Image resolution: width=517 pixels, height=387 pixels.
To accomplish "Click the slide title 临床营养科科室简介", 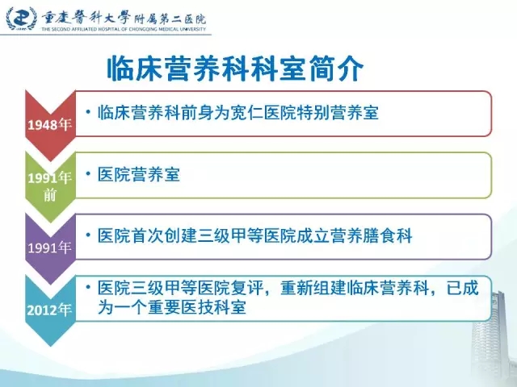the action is pos(235,69).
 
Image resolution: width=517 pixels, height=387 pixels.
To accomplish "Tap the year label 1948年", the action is pos(50,125).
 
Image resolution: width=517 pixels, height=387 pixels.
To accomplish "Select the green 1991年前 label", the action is pos(50,186).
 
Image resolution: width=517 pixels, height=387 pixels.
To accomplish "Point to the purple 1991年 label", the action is pos(50,248).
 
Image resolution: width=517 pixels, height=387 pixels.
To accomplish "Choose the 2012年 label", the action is pos(49,310).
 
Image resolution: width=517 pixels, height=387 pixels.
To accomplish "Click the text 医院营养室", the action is pos(139,174).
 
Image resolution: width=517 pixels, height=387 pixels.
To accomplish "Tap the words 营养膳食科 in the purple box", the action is pos(372,236).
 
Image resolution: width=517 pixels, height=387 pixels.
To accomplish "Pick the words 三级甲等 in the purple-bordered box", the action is pos(230,236).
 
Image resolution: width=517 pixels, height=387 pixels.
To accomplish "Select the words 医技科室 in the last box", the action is pos(213,308).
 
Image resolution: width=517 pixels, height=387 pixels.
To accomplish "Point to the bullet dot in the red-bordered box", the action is pos(88,112).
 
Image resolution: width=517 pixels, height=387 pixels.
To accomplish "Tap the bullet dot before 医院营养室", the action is pos(88,173).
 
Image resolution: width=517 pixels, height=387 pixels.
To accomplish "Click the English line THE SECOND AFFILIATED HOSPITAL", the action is pos(124,29).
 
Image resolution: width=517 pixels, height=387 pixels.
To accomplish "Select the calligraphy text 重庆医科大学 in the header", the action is pos(86,17).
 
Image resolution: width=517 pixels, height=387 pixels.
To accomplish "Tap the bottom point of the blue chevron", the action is pos(50,346).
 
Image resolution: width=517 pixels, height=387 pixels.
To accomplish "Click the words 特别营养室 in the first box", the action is pos(338,113).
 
